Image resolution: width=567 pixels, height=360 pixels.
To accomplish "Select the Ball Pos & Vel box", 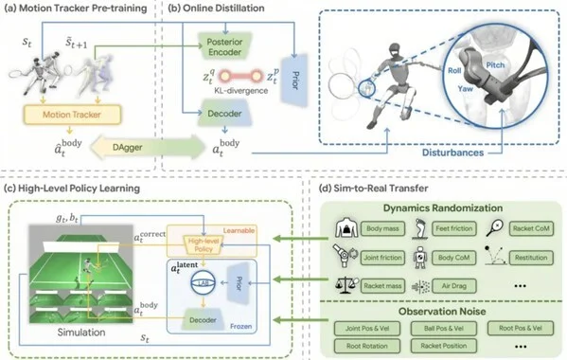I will [443, 327].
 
